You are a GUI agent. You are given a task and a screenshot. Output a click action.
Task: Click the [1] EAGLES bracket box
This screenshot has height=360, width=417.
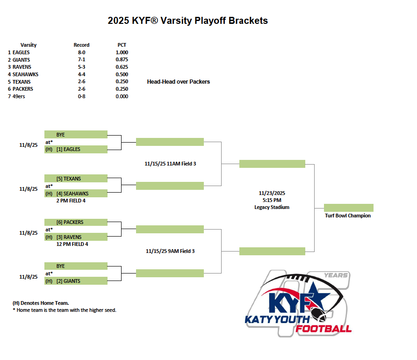(76, 150)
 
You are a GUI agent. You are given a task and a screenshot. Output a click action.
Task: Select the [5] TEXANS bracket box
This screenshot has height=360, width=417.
(76, 179)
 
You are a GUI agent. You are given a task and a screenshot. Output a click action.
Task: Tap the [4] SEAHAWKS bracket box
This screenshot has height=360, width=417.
(76, 193)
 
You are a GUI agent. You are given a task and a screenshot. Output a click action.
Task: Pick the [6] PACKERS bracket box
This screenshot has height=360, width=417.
(76, 222)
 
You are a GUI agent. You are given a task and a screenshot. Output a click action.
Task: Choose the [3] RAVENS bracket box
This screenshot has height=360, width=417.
(76, 237)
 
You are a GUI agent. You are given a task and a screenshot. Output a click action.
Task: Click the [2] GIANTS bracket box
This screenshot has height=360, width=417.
(76, 281)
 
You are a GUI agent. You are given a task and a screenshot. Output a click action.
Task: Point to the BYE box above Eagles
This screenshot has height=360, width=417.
(76, 134)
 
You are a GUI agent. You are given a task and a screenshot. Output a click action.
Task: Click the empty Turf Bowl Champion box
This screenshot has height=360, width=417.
(349, 208)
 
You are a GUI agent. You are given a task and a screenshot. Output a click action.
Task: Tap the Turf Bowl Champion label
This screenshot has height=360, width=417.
(348, 216)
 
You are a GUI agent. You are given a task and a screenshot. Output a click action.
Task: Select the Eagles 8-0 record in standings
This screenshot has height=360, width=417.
(82, 52)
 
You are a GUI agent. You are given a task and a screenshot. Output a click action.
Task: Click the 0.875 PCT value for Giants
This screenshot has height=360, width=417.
(122, 59)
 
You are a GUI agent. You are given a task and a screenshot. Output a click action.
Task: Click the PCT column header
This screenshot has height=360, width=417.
(122, 45)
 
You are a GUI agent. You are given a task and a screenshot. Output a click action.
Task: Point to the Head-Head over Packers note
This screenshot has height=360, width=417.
(179, 82)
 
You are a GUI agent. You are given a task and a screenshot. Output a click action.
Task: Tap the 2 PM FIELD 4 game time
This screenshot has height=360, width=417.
(71, 201)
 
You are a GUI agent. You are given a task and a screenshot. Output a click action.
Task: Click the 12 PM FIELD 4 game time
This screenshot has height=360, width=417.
(72, 244)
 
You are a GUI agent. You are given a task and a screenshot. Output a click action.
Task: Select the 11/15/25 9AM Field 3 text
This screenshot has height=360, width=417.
(170, 251)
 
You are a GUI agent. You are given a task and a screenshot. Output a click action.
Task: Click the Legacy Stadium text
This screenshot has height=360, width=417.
(272, 208)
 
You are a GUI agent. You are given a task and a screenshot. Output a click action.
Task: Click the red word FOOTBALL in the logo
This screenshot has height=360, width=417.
(324, 329)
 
